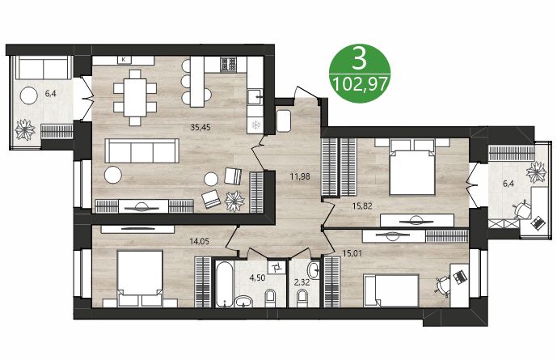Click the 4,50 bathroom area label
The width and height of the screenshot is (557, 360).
click(x=257, y=277)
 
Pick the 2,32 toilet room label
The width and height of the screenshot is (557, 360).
click(x=302, y=282)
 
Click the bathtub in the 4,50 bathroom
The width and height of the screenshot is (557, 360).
click(x=224, y=283)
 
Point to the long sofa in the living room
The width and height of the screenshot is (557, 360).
click(x=142, y=150)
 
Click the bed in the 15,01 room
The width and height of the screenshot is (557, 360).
click(x=392, y=290)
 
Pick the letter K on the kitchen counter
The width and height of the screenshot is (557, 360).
click(x=124, y=60)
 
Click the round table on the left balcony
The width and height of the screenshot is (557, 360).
click(x=30, y=95)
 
